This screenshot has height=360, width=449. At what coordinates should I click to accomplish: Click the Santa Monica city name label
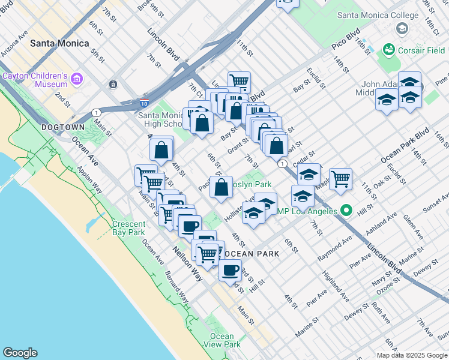59,43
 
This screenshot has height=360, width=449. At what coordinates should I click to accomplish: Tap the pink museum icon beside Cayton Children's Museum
76,79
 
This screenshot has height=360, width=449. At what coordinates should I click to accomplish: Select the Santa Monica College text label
378,15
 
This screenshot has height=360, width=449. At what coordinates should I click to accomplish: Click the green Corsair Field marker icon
388,49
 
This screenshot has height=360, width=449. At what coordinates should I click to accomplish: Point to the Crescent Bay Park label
128,228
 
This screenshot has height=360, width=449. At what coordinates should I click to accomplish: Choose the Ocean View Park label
222,340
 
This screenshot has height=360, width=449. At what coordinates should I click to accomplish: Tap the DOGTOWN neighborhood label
63,128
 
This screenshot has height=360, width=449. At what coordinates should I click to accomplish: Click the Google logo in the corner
20,353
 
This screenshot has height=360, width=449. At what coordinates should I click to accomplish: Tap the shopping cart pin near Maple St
340,178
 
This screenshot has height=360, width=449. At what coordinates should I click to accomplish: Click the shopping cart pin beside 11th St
239,81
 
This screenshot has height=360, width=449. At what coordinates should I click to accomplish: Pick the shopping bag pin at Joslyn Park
221,186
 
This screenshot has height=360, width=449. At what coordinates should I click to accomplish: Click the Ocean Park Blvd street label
405,146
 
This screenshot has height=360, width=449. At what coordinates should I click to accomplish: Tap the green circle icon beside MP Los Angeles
346,211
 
